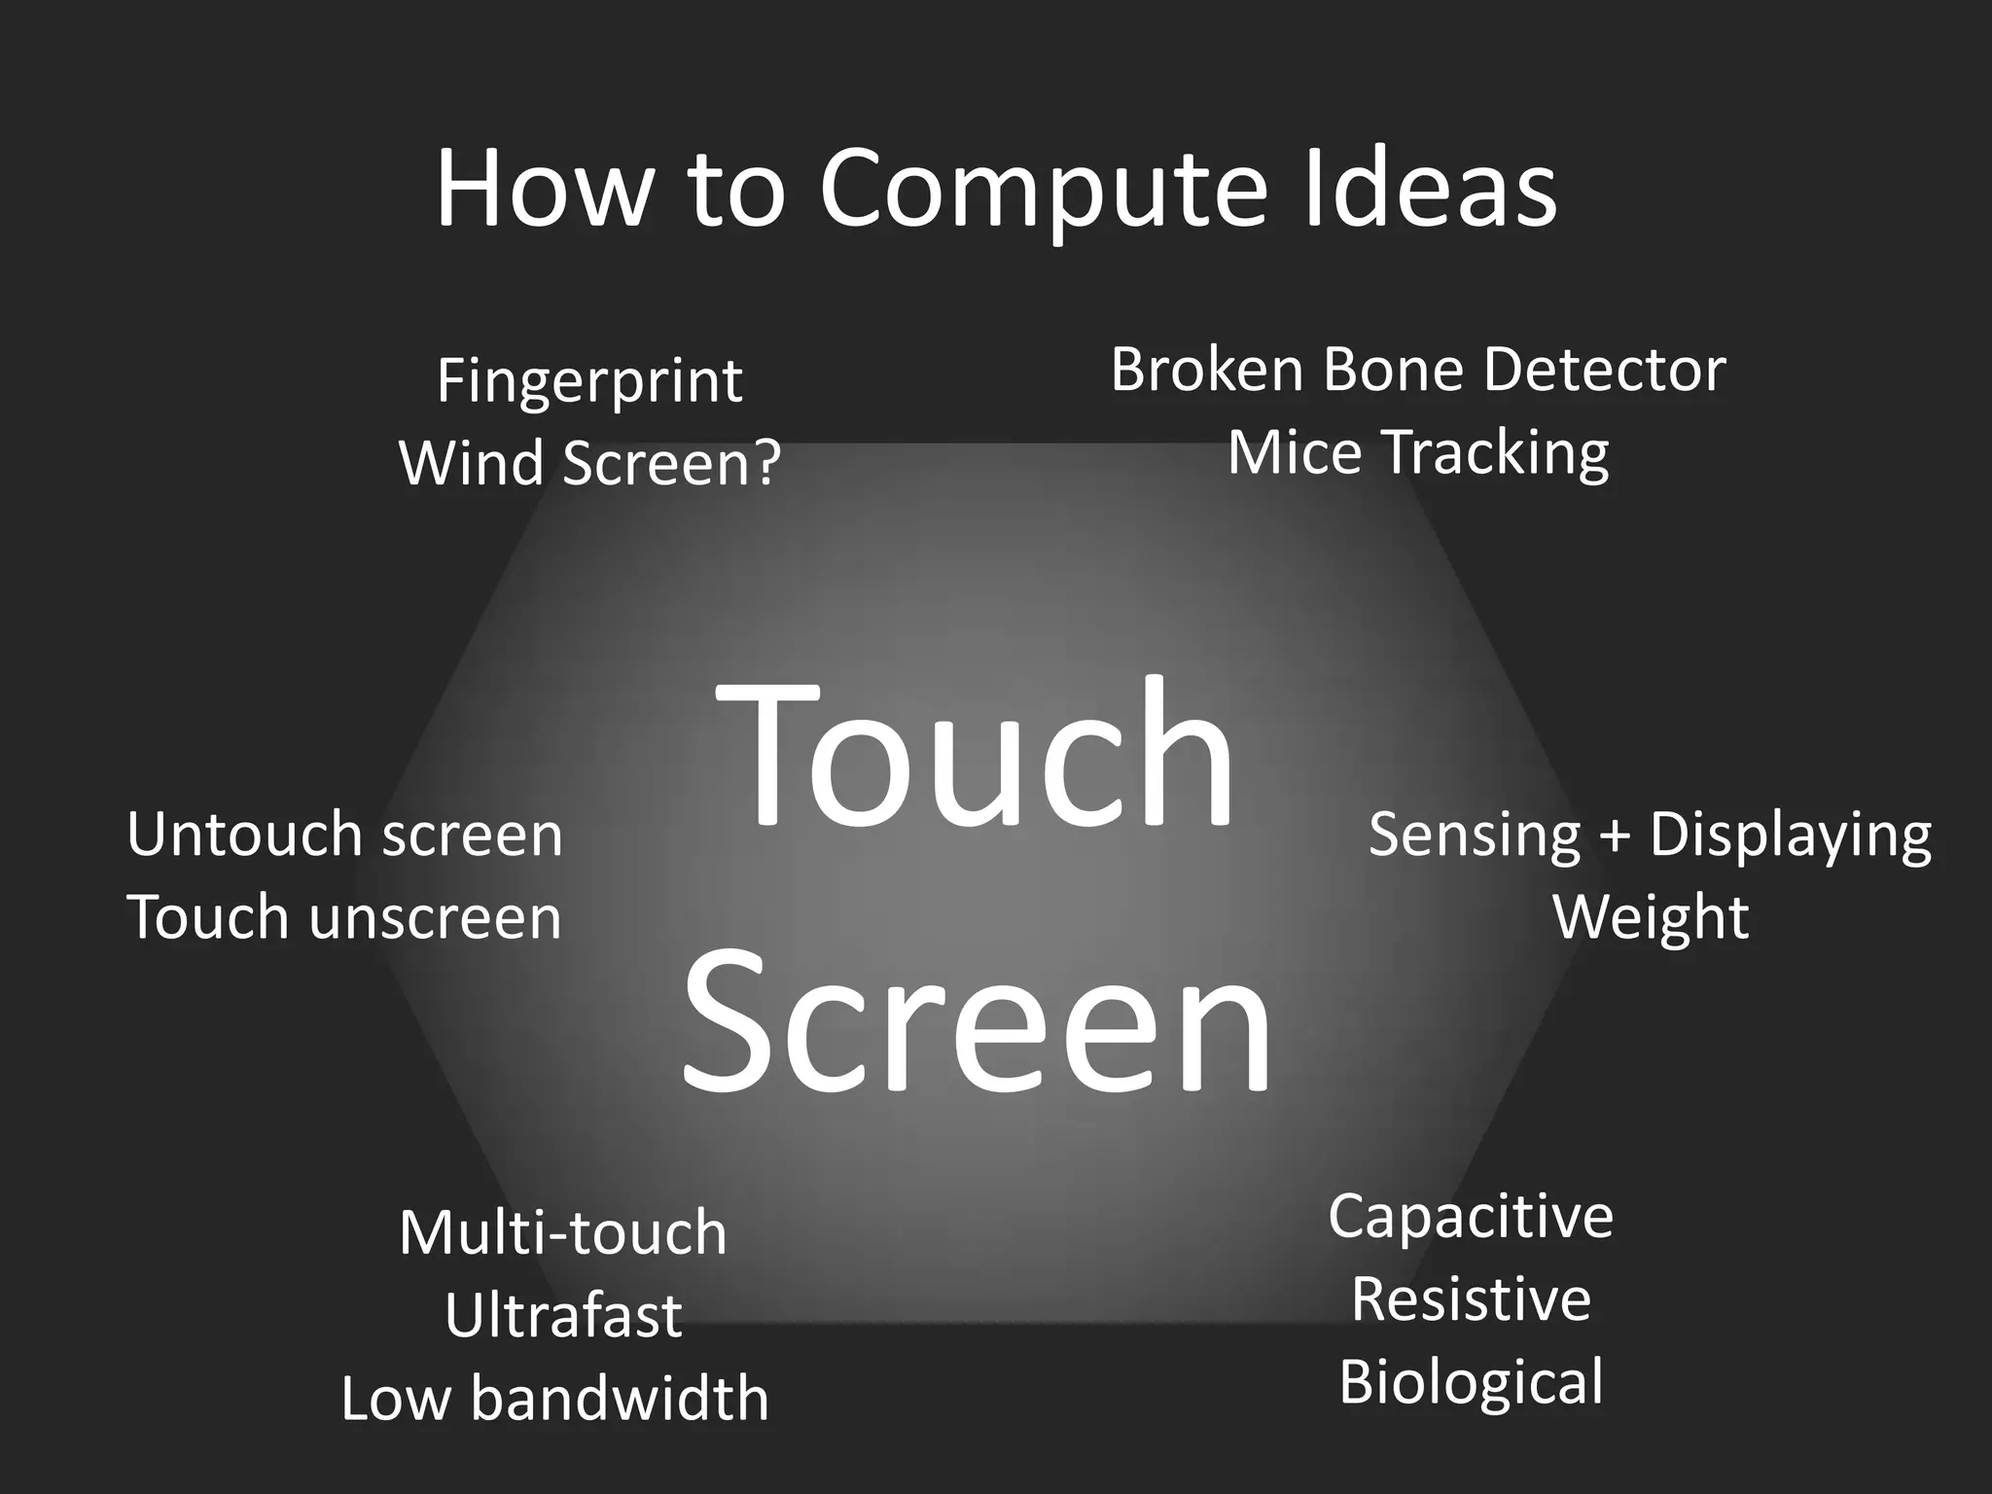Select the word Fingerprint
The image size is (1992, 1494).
[x=589, y=381]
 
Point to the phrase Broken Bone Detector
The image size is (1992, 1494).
[x=1417, y=370]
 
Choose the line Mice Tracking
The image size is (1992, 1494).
[x=1417, y=453]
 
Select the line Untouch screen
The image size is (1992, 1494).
[x=344, y=835]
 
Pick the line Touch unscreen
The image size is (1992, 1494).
[x=344, y=917]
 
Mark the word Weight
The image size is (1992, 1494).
[x=1651, y=917]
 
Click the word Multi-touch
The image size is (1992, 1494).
[x=562, y=1233]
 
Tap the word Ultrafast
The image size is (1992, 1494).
[x=562, y=1316]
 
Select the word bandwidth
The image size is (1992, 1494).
[x=620, y=1399]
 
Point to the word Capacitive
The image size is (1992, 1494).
[x=1471, y=1218]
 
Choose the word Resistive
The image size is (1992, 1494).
[x=1471, y=1299]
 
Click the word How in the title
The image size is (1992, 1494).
[x=542, y=190]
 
